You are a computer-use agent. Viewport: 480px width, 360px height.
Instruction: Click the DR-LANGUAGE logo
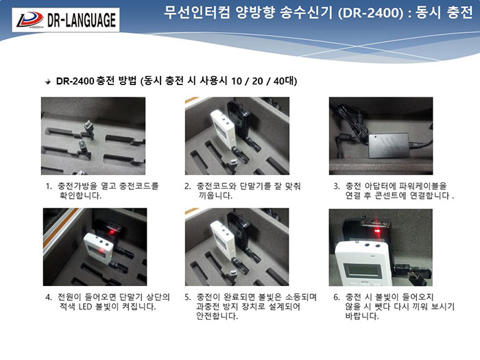tap(66, 20)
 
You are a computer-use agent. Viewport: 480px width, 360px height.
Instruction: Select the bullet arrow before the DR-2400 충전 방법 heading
tap(47, 82)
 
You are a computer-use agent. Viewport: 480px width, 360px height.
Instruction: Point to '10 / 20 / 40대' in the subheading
tap(264, 81)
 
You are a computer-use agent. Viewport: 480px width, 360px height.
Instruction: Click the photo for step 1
tap(93, 136)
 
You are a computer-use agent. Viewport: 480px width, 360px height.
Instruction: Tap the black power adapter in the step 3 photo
tap(389, 145)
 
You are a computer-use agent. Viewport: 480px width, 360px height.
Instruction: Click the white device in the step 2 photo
tap(224, 129)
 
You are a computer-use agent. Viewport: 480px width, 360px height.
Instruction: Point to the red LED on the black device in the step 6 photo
tap(377, 230)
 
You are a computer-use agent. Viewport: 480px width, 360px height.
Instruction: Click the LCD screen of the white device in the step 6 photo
tap(363, 271)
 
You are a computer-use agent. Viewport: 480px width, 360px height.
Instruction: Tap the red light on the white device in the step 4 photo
tap(100, 252)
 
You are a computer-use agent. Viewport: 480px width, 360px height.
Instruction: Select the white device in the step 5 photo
tap(224, 241)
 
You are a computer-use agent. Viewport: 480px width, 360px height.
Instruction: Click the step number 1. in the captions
tap(49, 186)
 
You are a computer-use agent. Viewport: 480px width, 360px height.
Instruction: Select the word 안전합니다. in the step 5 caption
tap(217, 316)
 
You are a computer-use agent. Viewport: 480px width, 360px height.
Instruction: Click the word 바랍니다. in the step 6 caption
tap(362, 316)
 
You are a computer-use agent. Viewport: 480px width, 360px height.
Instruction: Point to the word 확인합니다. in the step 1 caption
tap(80, 195)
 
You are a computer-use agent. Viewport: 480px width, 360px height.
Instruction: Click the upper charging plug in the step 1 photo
tap(88, 128)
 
